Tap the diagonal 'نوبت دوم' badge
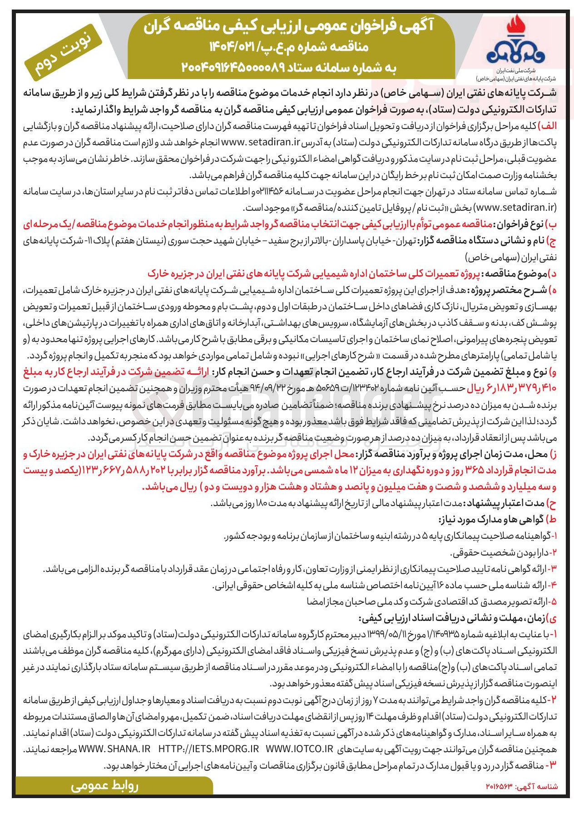(63, 53)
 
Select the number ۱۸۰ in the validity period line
(262, 503)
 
